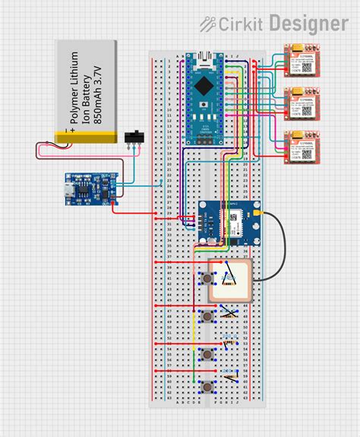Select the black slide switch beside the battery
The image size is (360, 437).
tap(135, 137)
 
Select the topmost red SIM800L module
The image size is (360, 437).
tap(302, 61)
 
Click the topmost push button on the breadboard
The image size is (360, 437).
tap(207, 280)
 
